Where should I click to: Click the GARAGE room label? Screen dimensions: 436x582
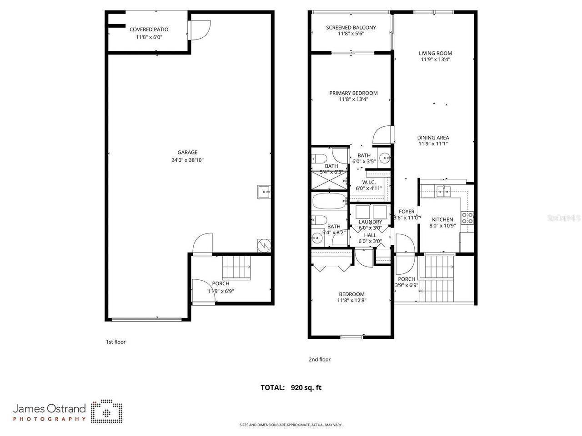(187, 153)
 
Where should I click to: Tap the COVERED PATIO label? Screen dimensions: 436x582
(149, 30)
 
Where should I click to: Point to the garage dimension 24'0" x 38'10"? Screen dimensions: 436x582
(187, 160)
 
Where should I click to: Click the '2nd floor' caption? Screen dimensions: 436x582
(319, 360)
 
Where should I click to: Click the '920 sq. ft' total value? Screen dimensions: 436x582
(306, 388)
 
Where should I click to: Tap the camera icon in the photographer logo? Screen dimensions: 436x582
(106, 411)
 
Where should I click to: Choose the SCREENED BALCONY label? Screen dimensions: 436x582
(351, 28)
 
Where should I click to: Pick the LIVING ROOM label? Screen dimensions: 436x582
(435, 53)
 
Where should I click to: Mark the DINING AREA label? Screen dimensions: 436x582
(433, 138)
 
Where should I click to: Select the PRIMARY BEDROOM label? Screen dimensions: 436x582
(353, 93)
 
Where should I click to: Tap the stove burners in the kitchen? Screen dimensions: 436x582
(467, 218)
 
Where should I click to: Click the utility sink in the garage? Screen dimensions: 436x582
(264, 192)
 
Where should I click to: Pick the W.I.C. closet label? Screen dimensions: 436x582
(369, 182)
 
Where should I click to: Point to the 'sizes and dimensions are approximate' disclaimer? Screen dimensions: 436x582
(291, 425)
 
